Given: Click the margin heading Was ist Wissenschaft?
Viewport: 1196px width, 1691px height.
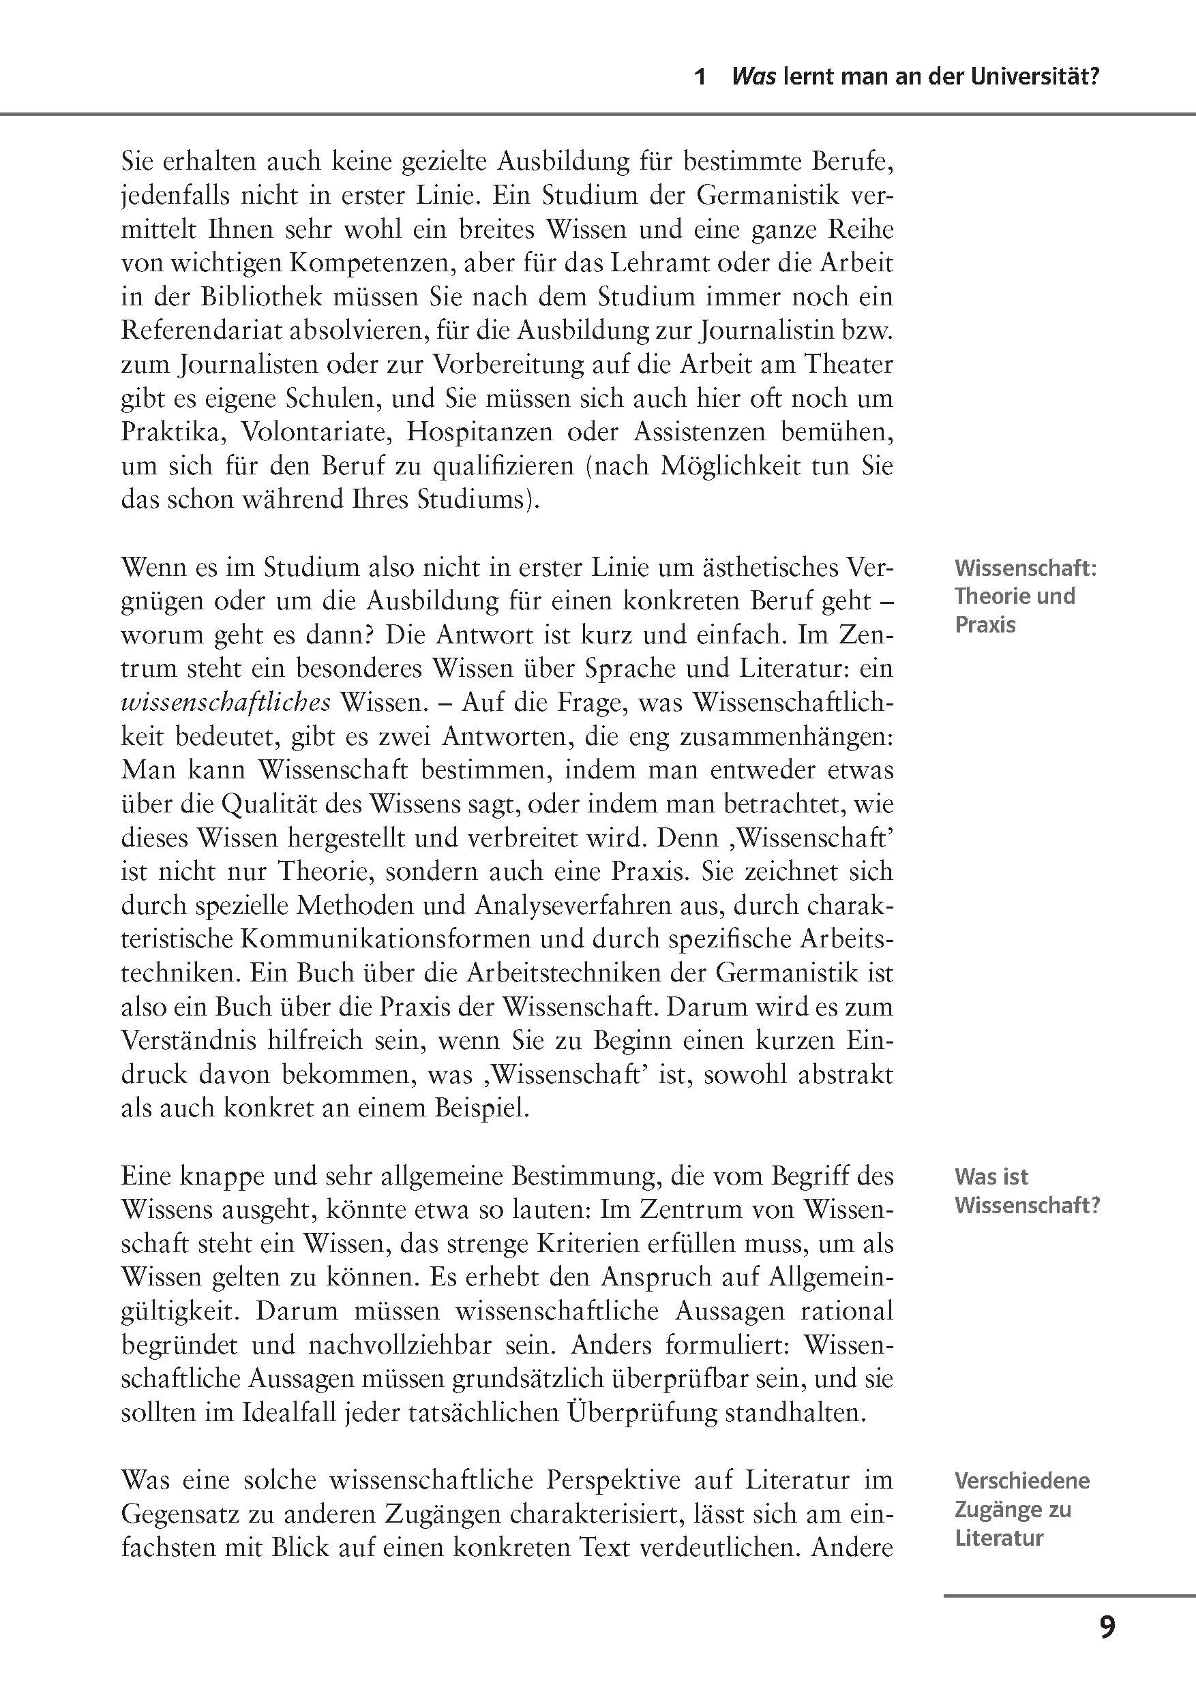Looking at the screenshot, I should click(x=1026, y=1191).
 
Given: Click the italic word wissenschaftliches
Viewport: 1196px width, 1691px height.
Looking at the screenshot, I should click(x=226, y=703).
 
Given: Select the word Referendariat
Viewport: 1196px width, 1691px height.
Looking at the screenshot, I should click(x=193, y=330).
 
